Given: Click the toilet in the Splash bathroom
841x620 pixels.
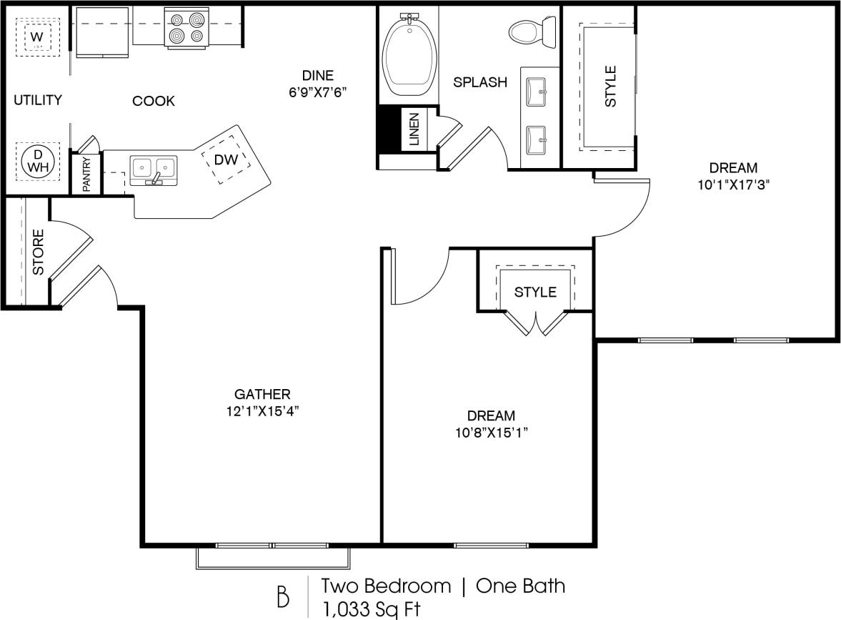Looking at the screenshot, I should (x=533, y=31).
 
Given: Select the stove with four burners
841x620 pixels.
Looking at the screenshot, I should (x=186, y=29).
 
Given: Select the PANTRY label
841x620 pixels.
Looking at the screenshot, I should (x=86, y=174).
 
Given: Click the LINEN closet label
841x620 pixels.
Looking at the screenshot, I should (x=414, y=129).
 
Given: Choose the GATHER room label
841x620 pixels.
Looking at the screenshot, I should (x=262, y=394).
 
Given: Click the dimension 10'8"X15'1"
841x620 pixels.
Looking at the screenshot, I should (x=491, y=432).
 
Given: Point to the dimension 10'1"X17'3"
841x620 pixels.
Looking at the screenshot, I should (x=733, y=184).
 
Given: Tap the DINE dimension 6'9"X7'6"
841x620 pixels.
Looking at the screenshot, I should (x=317, y=92).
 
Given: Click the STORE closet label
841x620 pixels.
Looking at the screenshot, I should (x=39, y=252).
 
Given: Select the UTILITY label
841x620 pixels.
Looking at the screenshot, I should (x=38, y=100).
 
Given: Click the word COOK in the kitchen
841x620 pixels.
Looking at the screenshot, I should (x=154, y=101).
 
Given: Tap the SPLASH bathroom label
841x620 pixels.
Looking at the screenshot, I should (x=480, y=82).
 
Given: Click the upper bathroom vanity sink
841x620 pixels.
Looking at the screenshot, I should (x=537, y=91).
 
